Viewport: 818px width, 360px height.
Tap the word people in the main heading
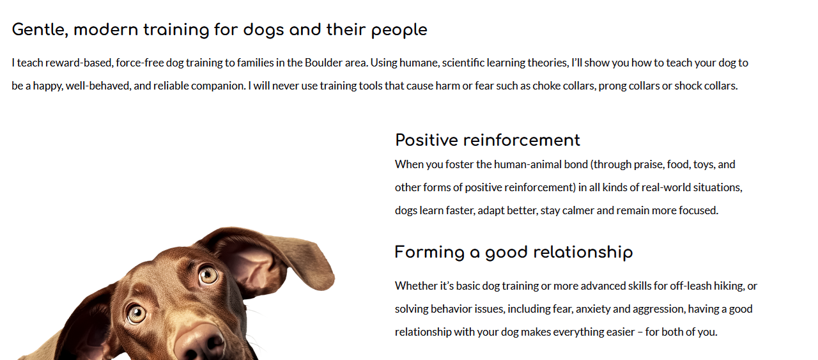[399, 31]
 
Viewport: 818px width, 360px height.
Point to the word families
[255, 63]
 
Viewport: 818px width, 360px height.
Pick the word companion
[219, 86]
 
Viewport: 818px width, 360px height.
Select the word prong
[611, 86]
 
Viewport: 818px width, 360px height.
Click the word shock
[688, 86]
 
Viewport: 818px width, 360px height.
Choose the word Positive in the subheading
[426, 140]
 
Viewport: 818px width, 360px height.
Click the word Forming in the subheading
[429, 253]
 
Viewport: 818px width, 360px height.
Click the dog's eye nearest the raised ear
[208, 275]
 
